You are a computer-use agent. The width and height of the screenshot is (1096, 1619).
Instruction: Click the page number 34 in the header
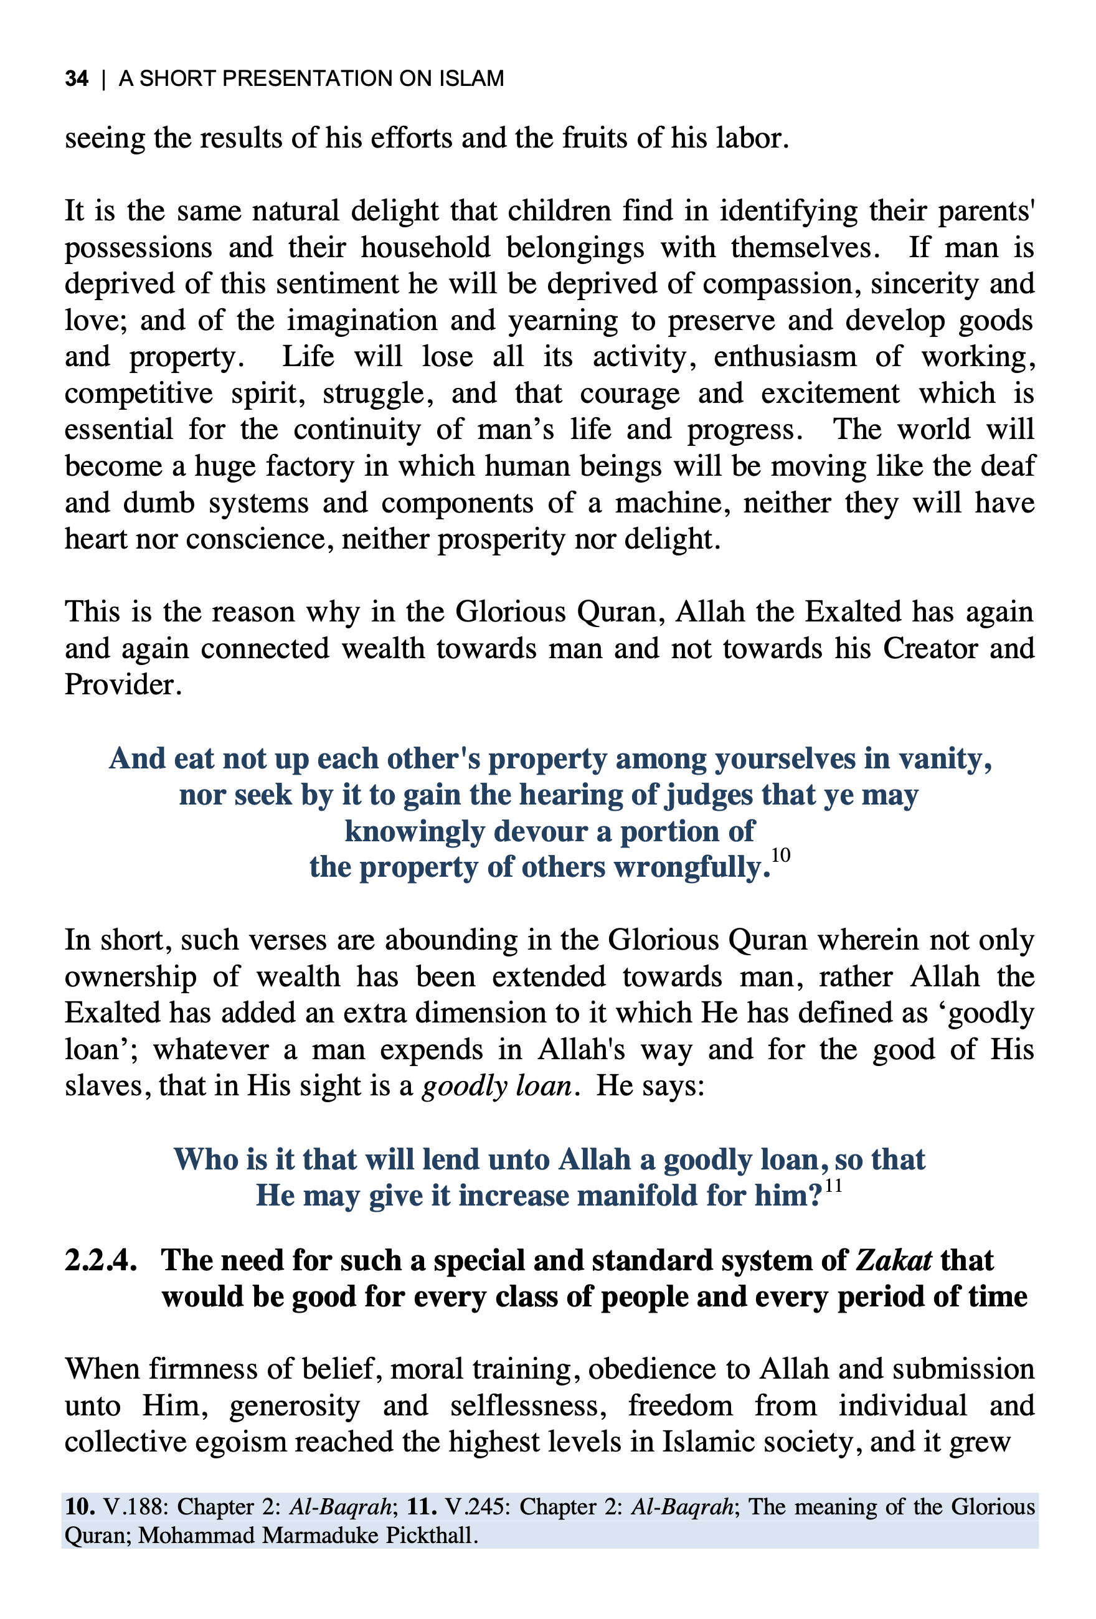(77, 78)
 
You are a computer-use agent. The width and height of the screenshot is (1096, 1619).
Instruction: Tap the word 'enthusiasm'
(785, 357)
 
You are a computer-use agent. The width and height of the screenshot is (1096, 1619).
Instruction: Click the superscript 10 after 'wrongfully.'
(781, 856)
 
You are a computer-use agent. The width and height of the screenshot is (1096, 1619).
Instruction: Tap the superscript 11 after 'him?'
(833, 1186)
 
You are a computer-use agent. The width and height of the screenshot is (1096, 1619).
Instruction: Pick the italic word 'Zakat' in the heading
(893, 1261)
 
